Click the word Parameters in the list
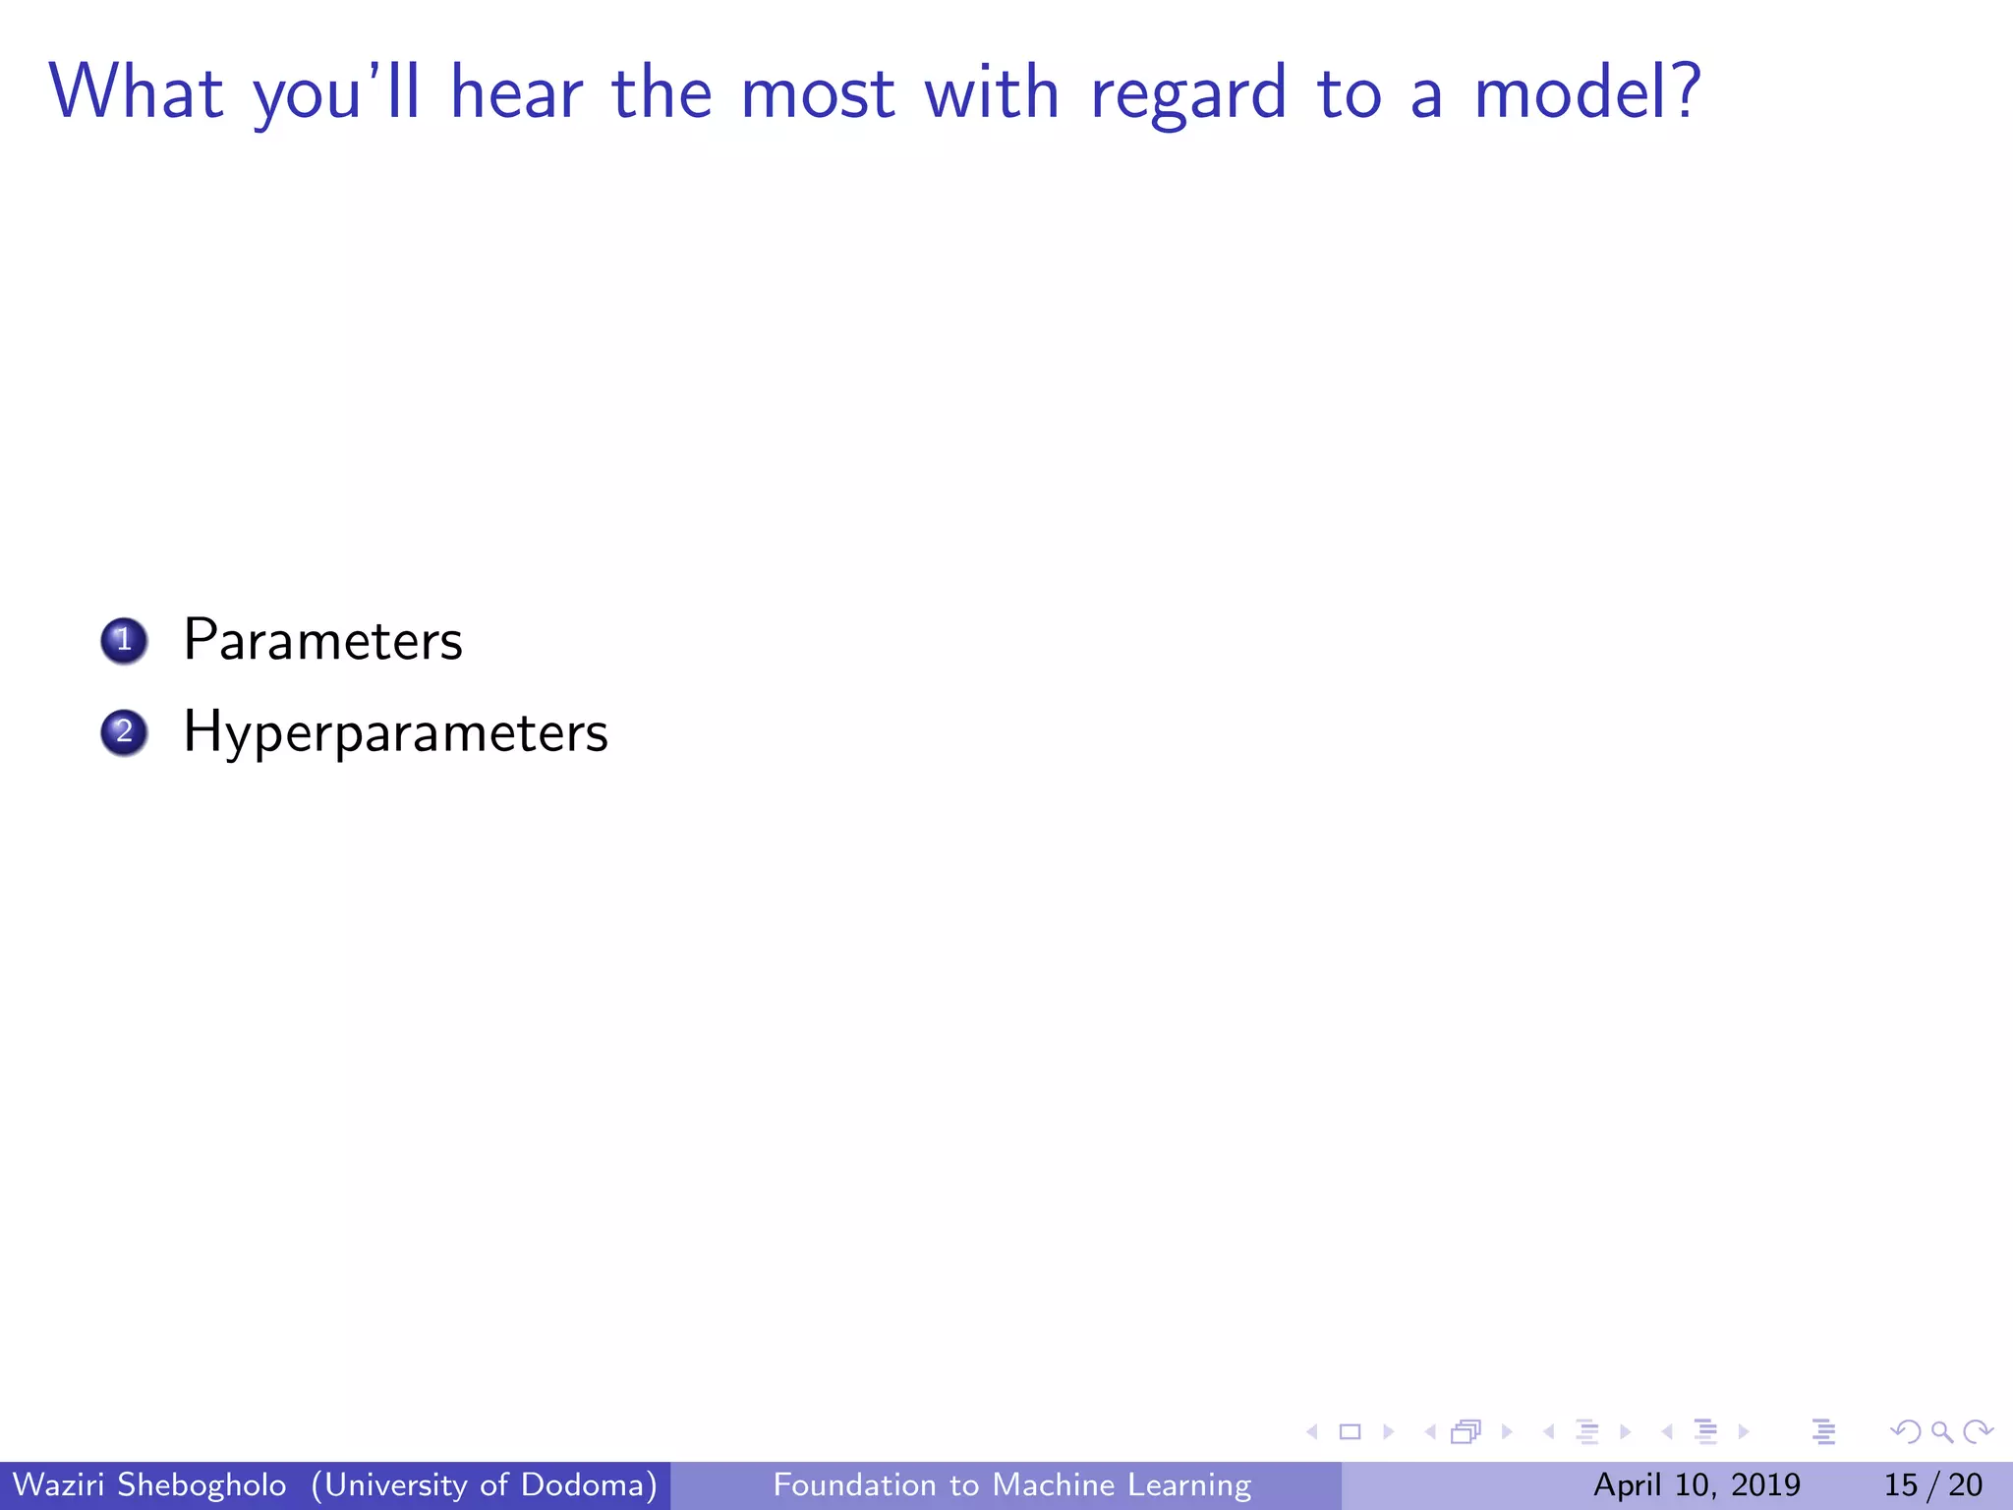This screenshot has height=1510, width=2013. [322, 641]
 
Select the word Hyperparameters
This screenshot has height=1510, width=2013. [395, 733]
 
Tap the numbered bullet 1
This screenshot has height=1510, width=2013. [124, 641]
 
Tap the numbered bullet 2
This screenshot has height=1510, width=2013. [124, 732]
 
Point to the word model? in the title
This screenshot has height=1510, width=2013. [1587, 92]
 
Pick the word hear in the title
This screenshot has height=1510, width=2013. [516, 92]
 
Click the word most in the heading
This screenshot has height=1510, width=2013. [817, 94]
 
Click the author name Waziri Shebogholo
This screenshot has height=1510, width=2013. [149, 1484]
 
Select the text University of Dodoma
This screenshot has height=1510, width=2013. [484, 1484]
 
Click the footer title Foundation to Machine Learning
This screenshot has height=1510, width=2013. [1011, 1484]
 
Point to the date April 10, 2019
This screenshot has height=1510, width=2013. [1697, 1484]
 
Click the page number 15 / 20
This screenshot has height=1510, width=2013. [1932, 1484]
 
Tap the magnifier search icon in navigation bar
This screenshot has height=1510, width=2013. [1941, 1432]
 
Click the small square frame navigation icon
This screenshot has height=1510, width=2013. [1351, 1432]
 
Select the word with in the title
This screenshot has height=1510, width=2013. [992, 92]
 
